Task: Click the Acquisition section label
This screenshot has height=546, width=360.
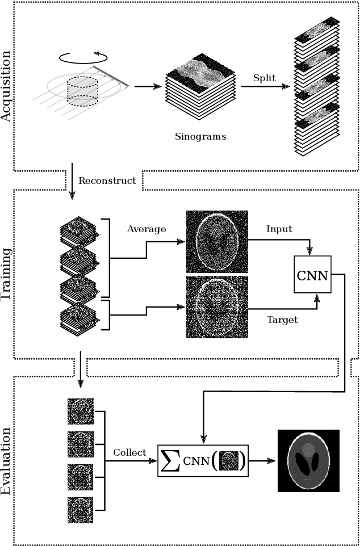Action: [7, 86]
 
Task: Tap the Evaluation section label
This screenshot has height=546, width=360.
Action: [7, 460]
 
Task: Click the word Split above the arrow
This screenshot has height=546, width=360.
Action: [265, 78]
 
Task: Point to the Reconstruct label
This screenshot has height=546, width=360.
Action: [107, 181]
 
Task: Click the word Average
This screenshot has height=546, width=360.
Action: [146, 229]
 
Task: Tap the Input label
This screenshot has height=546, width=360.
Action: [279, 229]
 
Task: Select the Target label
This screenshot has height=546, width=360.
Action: [282, 320]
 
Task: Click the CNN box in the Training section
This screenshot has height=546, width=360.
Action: [312, 275]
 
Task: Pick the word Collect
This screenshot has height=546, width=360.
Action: [129, 452]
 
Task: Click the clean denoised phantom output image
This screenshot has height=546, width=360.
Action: [308, 460]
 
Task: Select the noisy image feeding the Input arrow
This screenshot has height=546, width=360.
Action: [217, 242]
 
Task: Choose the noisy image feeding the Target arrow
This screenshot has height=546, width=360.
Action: [217, 306]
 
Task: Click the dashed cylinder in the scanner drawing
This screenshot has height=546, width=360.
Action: [83, 91]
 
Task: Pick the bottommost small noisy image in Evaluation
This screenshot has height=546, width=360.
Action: [80, 510]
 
